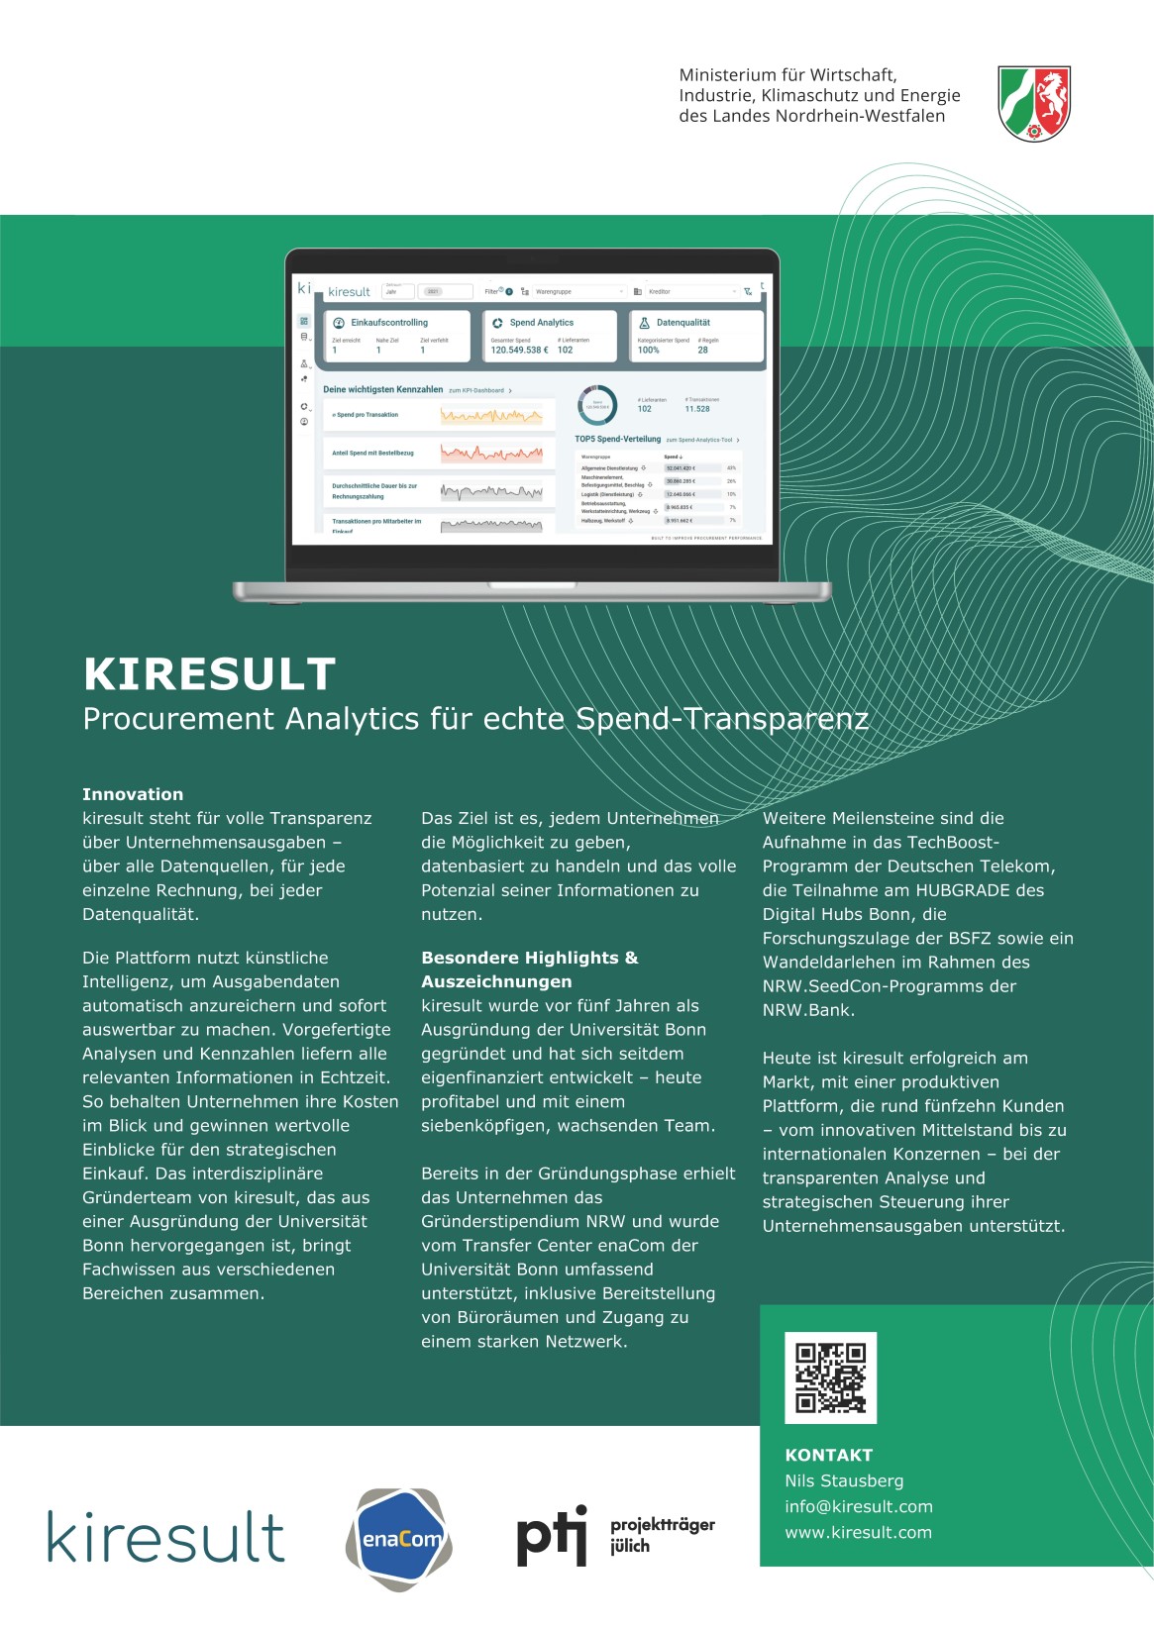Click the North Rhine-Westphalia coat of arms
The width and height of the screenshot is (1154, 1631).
click(x=1034, y=103)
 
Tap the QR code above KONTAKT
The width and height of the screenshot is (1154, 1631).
click(x=830, y=1377)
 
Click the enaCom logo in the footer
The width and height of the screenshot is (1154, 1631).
click(x=399, y=1539)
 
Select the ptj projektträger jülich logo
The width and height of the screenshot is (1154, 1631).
click(x=615, y=1536)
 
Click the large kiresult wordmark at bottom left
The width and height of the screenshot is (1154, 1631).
click(x=166, y=1537)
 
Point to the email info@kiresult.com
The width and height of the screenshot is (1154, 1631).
click(x=858, y=1506)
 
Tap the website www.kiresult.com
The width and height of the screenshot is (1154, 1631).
click(x=858, y=1532)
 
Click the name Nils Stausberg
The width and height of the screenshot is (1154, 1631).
click(x=844, y=1480)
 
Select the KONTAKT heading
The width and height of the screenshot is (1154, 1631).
click(x=828, y=1455)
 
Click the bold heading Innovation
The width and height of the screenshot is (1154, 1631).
click(x=133, y=794)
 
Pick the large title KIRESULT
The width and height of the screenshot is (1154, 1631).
click(x=210, y=674)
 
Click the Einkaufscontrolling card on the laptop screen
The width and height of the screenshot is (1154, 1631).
click(x=396, y=336)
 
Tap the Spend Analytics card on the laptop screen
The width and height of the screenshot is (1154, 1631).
click(x=550, y=336)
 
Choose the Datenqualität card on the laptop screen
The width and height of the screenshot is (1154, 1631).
click(x=697, y=336)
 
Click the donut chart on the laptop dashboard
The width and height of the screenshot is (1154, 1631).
click(x=597, y=404)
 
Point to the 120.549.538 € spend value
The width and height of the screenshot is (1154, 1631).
click(x=519, y=350)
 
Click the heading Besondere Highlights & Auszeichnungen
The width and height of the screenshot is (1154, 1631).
click(x=529, y=969)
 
